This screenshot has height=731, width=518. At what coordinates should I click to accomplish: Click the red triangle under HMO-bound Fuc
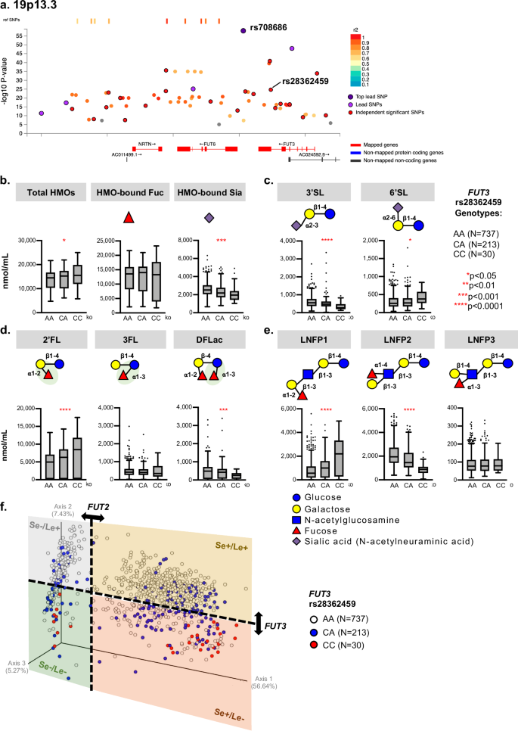tap(129, 219)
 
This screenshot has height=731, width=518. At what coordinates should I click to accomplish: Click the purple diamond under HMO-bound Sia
tap(209, 219)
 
